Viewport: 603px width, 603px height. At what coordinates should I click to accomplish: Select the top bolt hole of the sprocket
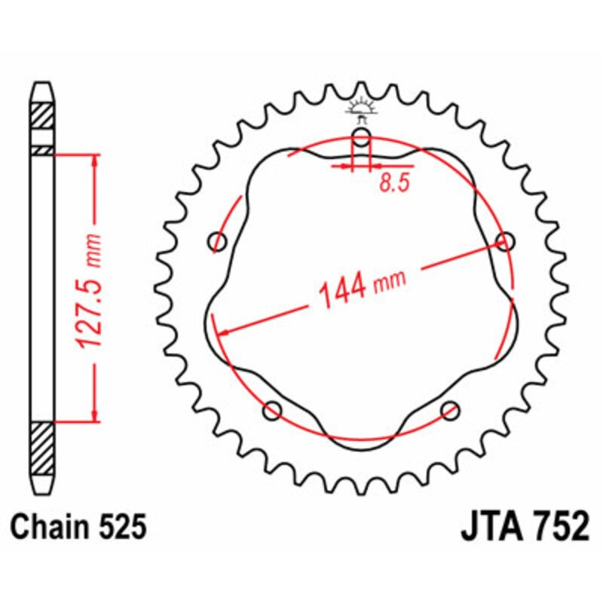tap(362, 139)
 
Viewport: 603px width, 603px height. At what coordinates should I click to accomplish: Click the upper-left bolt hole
tap(219, 242)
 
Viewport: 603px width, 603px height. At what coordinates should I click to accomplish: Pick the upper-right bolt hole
tap(504, 241)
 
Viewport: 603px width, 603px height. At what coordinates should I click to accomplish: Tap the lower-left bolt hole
tap(273, 410)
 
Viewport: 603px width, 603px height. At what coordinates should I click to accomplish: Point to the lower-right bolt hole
tap(450, 410)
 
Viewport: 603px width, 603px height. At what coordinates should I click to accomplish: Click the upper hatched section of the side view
tap(42, 117)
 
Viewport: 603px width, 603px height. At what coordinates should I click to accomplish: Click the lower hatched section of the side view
tap(42, 448)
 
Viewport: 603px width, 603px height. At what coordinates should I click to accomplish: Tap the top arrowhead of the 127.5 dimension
tap(95, 161)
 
